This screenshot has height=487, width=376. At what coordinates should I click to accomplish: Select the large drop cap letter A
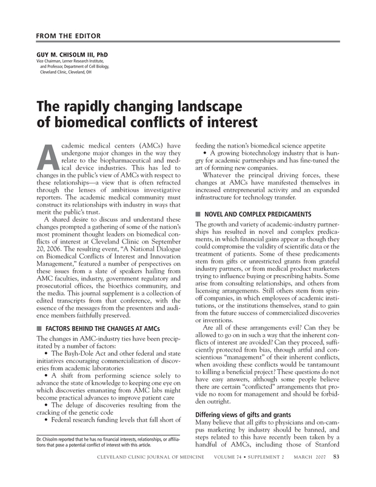coord(50,158)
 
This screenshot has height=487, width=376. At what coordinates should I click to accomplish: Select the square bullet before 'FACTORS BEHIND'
coord(39,328)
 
